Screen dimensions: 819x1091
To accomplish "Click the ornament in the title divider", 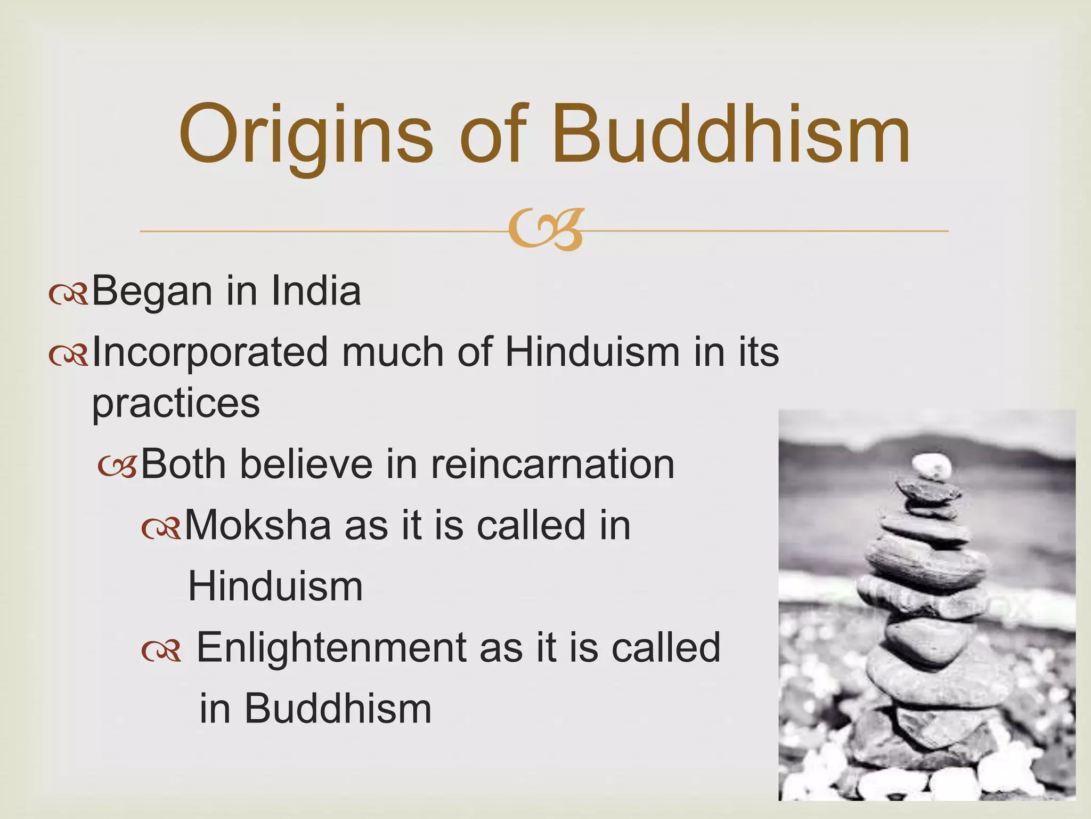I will point(545,230).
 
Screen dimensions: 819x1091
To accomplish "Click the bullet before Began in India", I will point(68,294).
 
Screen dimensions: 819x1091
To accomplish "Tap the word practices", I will point(176,404).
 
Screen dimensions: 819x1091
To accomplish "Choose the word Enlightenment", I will point(330,647).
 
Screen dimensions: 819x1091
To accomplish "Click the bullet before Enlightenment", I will point(161,651).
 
